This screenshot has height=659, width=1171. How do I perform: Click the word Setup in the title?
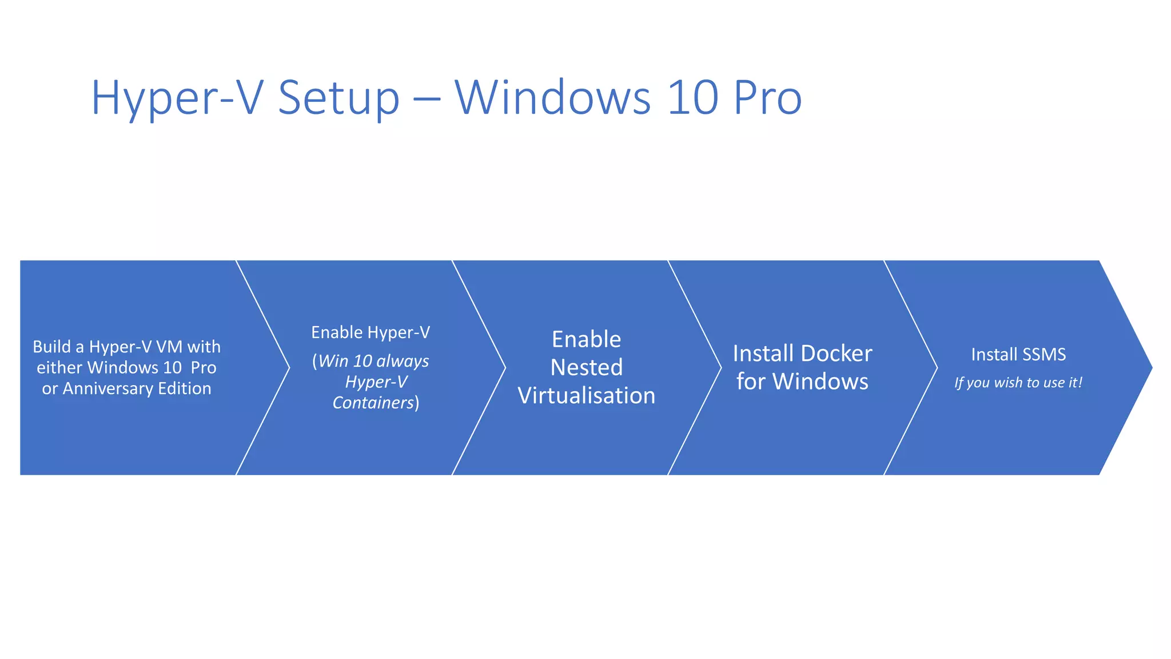[338, 98]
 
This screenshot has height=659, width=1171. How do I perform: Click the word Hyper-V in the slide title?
[177, 98]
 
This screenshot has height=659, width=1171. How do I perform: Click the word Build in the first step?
[51, 347]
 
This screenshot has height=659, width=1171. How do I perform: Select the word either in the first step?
[59, 367]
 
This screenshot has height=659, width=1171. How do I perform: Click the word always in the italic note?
[403, 361]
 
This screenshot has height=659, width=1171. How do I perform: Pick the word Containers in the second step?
[373, 403]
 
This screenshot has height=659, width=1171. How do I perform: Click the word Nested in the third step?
[586, 367]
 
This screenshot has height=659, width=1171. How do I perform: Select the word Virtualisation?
[586, 396]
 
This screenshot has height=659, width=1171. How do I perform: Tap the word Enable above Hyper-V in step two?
[337, 332]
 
